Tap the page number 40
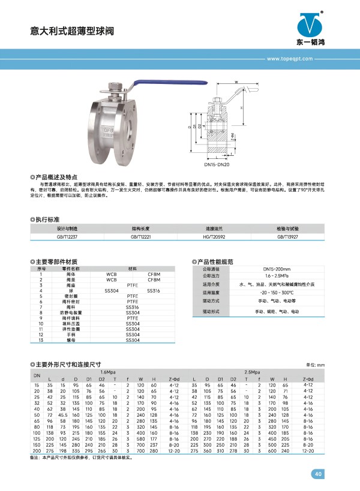click(317, 474)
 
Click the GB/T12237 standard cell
click(67, 237)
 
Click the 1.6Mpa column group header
click(109, 372)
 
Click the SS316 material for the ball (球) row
click(154, 291)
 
